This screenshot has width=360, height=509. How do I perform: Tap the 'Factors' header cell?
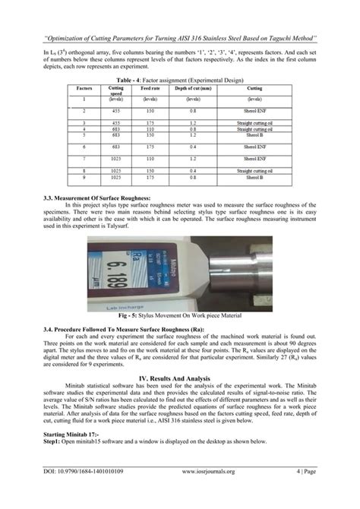pos(84,88)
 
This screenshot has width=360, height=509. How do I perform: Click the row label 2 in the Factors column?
pos(84,110)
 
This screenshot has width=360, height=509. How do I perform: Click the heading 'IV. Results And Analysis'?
pos(180,377)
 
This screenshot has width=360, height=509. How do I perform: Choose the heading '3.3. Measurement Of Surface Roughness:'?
pos(92,198)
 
